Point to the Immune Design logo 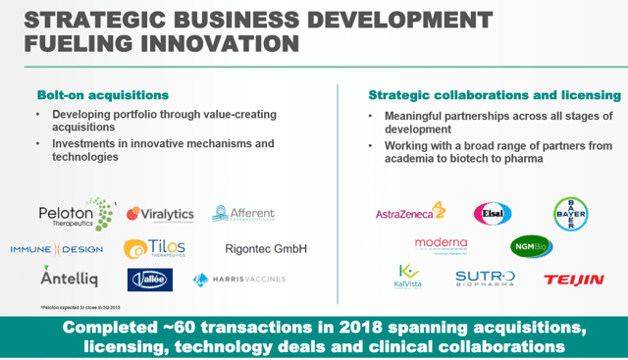pyautogui.click(x=57, y=249)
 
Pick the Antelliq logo pyautogui.click(x=70, y=279)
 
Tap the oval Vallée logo pyautogui.click(x=150, y=280)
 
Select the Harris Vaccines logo pyautogui.click(x=239, y=280)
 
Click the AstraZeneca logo pyautogui.click(x=410, y=212)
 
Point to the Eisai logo pyautogui.click(x=493, y=213)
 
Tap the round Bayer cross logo pyautogui.click(x=570, y=214)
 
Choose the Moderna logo pyautogui.click(x=441, y=244)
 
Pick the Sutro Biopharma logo pyautogui.click(x=485, y=280)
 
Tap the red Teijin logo pyautogui.click(x=574, y=280)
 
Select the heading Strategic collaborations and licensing pyautogui.click(x=494, y=95)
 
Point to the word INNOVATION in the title pyautogui.click(x=208, y=44)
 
